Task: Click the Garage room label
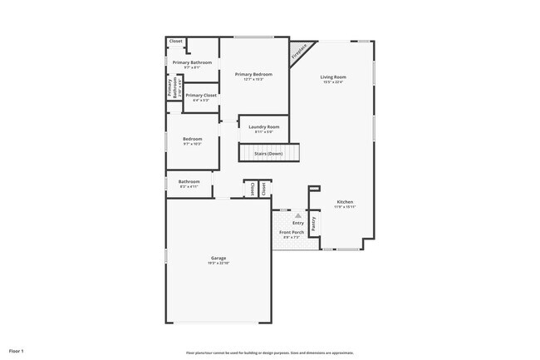[218, 259]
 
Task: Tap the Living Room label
[333, 77]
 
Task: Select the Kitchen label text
[345, 202]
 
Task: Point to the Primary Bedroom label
[254, 75]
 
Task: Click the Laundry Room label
[263, 126]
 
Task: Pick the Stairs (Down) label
[268, 154]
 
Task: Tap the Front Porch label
[291, 232]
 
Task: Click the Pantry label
[313, 224]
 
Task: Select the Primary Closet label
[200, 96]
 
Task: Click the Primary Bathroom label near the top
[192, 62]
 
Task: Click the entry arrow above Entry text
[297, 215]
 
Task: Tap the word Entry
[297, 223]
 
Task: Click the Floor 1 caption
[17, 351]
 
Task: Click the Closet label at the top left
[176, 41]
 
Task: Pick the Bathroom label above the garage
[189, 181]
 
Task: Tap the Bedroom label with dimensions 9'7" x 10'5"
[192, 139]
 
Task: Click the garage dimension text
[218, 264]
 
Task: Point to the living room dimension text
[333, 82]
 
